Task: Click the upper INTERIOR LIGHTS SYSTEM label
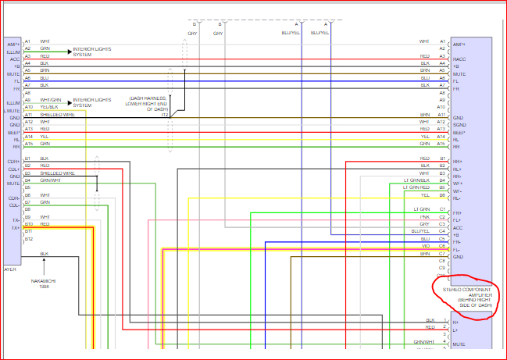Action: click(92, 52)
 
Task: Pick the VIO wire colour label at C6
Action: click(425, 246)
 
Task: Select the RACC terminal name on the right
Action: click(459, 59)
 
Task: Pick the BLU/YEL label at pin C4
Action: click(420, 231)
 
